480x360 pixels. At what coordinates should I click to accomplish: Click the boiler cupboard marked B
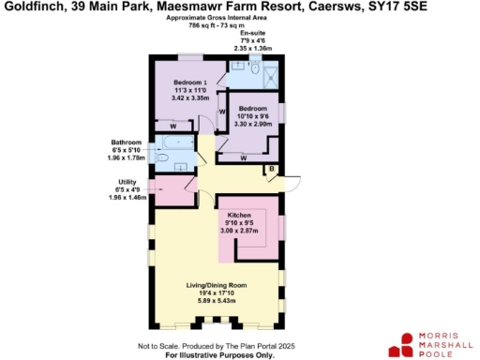[x=271, y=170]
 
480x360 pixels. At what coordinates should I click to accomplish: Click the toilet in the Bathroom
[x=160, y=159]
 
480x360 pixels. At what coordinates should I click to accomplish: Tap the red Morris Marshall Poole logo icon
[x=406, y=341]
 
